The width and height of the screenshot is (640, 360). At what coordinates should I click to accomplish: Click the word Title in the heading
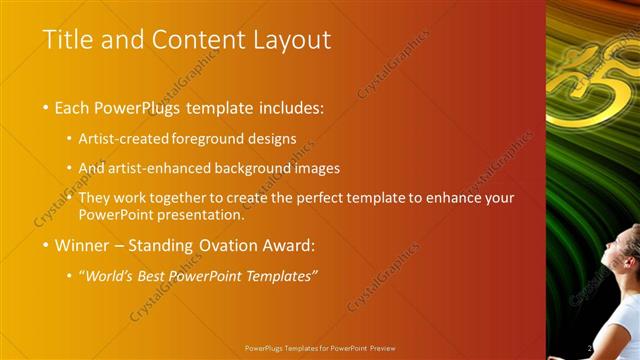pos(66,40)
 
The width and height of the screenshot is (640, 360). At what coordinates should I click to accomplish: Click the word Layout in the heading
pos(292,41)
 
